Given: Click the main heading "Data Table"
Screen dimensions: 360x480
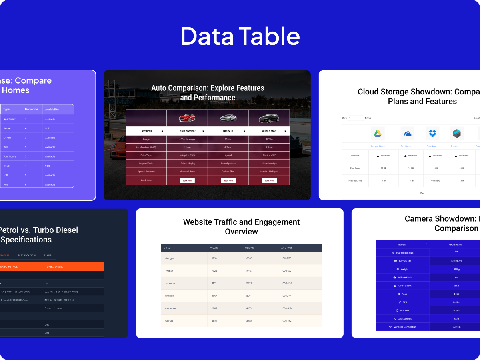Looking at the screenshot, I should click(x=240, y=36).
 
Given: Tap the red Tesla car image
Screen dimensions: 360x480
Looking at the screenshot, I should click(x=187, y=118).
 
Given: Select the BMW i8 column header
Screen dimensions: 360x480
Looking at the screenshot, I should click(x=228, y=131).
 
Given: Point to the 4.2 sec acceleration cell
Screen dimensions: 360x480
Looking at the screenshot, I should click(x=228, y=147).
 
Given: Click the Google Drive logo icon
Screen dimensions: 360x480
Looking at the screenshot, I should click(x=377, y=134).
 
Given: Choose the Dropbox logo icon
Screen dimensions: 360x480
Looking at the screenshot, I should click(x=432, y=134).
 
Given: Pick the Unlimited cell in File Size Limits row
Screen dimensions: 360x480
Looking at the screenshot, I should click(x=436, y=180).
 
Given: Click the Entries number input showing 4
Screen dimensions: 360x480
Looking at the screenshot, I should click(x=356, y=118).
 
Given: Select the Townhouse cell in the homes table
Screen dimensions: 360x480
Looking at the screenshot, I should click(x=10, y=156).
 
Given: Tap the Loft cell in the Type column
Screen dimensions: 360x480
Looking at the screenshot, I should click(x=6, y=175).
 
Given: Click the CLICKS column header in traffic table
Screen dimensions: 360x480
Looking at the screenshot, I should click(x=249, y=248).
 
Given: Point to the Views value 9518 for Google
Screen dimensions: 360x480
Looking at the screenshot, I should click(x=214, y=258).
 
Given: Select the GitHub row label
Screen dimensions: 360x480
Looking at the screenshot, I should click(x=170, y=321).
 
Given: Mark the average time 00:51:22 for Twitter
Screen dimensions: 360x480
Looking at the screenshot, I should click(x=287, y=271).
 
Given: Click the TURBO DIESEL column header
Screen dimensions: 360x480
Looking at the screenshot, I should click(x=54, y=266).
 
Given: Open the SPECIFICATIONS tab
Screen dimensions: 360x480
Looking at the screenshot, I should click(x=27, y=255).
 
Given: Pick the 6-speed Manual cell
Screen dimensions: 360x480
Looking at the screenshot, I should click(x=53, y=308).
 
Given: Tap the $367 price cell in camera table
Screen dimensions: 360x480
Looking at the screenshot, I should click(x=456, y=294).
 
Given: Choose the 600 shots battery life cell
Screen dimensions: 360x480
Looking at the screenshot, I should click(x=456, y=261).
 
